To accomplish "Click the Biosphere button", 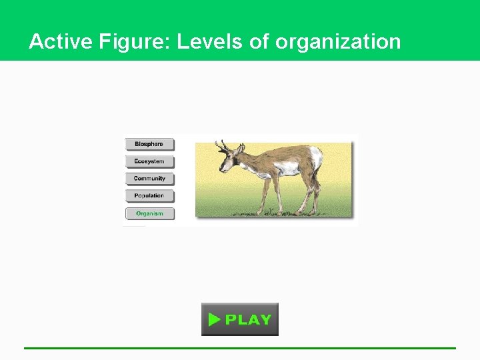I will click(149, 144).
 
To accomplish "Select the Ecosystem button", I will click(149, 161).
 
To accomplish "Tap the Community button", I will click(149, 179).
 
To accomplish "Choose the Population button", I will click(149, 196).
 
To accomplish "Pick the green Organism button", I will click(149, 213).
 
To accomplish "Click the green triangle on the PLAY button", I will click(213, 319).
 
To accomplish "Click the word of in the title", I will click(259, 42).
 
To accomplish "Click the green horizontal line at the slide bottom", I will click(240, 348).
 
